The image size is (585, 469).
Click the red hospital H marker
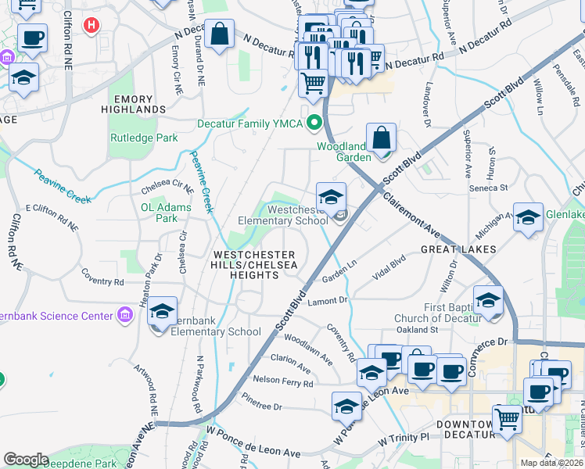click(x=92, y=25)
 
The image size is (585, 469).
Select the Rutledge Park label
click(x=143, y=138)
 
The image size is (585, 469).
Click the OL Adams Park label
click(x=165, y=213)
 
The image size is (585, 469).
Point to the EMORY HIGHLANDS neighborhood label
click(x=139, y=105)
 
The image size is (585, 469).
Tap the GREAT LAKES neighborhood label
click(x=458, y=249)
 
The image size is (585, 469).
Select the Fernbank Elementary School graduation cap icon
click(x=162, y=311)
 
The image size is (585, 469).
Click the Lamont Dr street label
click(x=327, y=301)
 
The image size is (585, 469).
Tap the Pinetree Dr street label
click(x=262, y=406)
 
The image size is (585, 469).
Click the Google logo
click(x=26, y=460)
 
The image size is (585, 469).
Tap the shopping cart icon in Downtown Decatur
click(x=507, y=419)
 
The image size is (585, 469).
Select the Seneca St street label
click(x=489, y=188)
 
